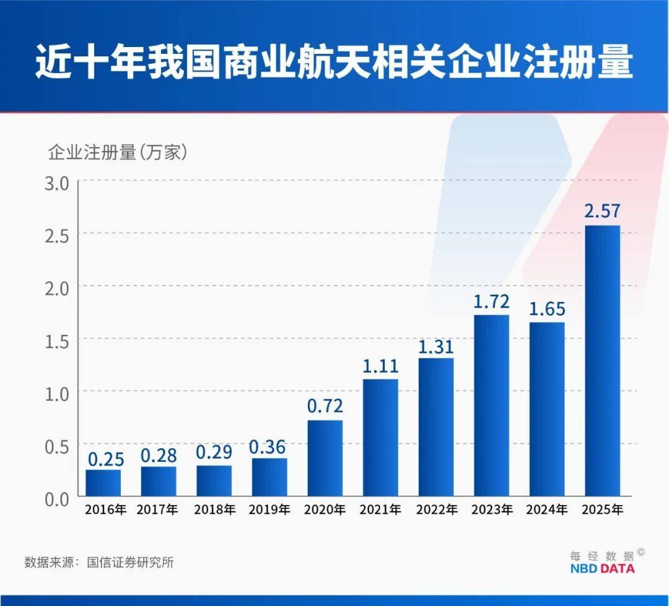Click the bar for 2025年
tap(602, 360)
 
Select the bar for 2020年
tap(325, 458)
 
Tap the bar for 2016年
tap(103, 483)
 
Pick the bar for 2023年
tap(491, 405)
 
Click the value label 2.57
tap(602, 211)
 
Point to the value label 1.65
tap(547, 308)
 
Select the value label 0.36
tap(269, 445)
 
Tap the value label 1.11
tap(380, 365)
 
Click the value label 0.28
tap(159, 455)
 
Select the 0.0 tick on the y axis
tap(57, 498)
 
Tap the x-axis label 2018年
tap(214, 511)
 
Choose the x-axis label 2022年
tap(436, 511)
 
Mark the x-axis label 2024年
tap(547, 511)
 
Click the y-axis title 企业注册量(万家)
tap(118, 152)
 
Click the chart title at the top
tap(334, 61)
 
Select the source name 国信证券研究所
tap(130, 562)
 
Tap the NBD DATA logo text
tap(602, 568)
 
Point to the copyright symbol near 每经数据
tap(641, 552)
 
